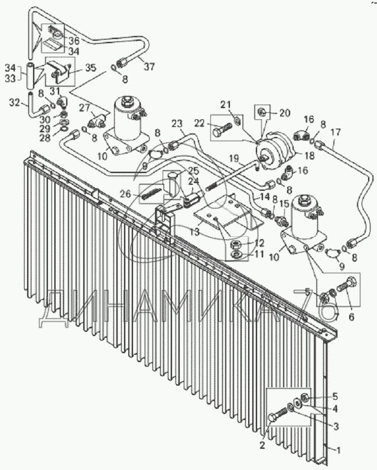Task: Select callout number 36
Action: point(74,41)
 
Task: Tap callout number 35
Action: point(90,68)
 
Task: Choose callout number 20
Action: point(285,112)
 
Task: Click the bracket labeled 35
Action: point(57,72)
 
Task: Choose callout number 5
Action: point(334,396)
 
